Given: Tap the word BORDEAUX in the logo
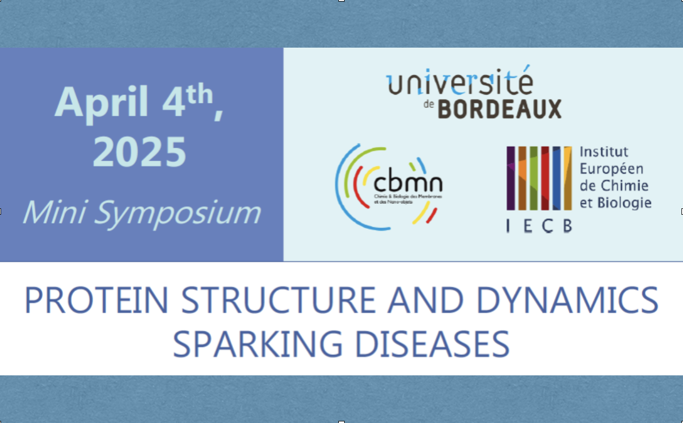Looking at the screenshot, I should [x=499, y=109].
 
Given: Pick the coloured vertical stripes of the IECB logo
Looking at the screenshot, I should [x=538, y=178].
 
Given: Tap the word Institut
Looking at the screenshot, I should [x=603, y=152].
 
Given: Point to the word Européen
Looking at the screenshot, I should [x=611, y=169].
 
